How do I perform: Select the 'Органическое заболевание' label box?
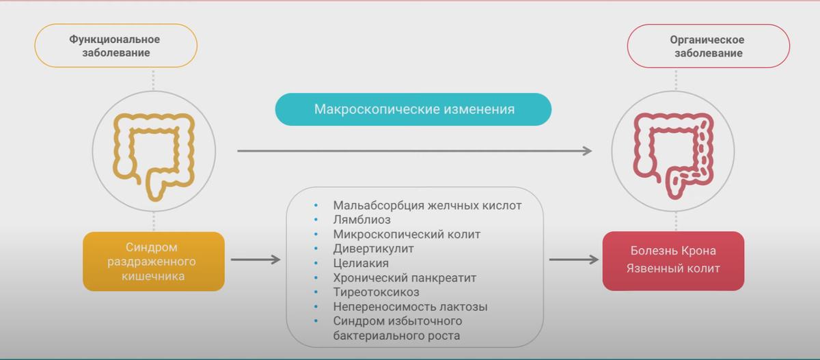click(x=708, y=46)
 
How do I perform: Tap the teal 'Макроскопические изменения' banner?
click(x=414, y=109)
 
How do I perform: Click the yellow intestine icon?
click(x=154, y=155)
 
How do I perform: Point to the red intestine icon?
click(x=673, y=154)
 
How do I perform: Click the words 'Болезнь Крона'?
click(x=673, y=251)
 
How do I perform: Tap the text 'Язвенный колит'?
click(x=673, y=268)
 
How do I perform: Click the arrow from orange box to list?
click(x=256, y=260)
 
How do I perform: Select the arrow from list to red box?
click(x=574, y=260)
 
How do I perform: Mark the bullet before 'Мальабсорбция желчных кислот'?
click(x=316, y=206)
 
